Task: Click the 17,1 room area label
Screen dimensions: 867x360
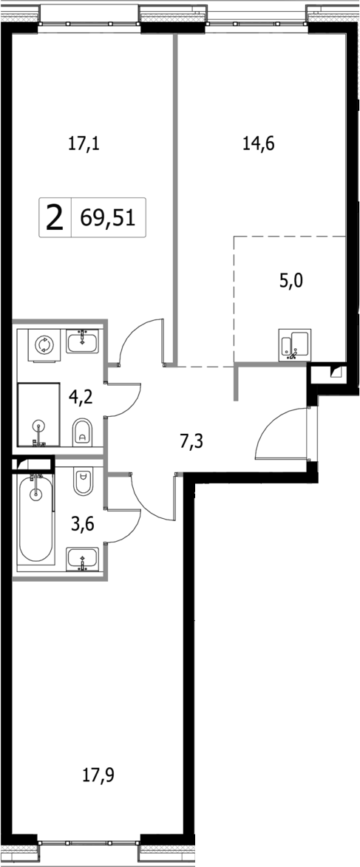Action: [x=84, y=144]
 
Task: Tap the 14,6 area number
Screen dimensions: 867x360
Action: [x=259, y=144]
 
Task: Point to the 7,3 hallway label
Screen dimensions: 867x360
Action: [x=191, y=442]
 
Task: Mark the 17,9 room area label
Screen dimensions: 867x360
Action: [x=99, y=775]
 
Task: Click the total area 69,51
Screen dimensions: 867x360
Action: [x=109, y=219]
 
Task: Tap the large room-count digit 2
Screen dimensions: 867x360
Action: [x=54, y=219]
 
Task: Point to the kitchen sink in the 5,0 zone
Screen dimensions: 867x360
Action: [x=294, y=345]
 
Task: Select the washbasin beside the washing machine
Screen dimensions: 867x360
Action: [x=82, y=341]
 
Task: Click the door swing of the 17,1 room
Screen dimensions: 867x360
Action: [x=140, y=341]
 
